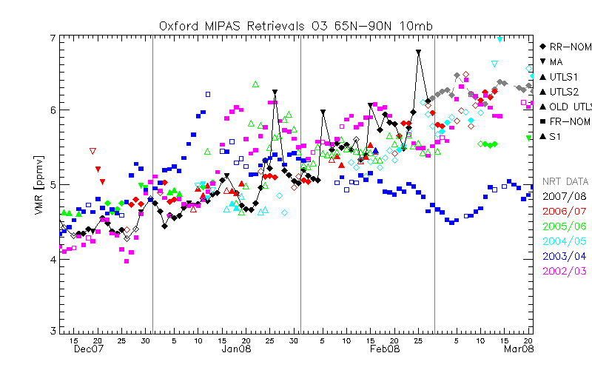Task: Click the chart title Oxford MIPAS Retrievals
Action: (296, 25)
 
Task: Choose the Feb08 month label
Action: (385, 349)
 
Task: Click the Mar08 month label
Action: (517, 349)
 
